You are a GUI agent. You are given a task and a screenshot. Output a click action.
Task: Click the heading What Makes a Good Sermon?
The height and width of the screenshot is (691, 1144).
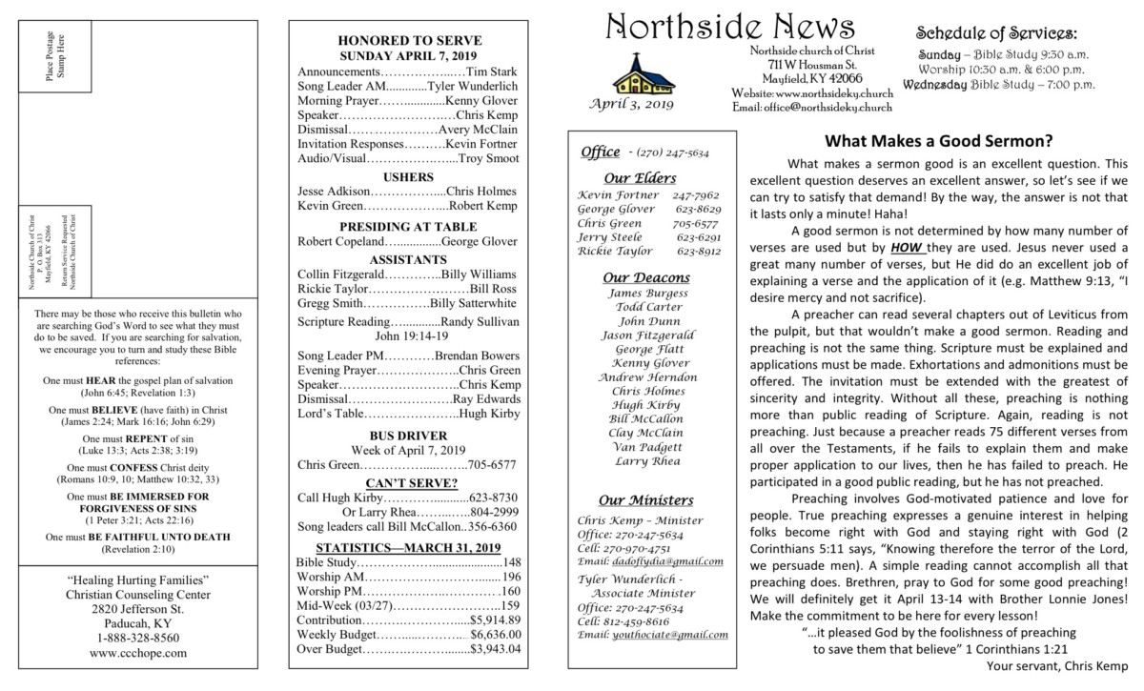pos(938,141)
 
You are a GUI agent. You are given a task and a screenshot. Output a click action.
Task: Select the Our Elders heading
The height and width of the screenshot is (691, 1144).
pos(641,177)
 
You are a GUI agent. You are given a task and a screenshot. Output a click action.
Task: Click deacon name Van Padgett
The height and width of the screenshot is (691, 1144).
pos(647,446)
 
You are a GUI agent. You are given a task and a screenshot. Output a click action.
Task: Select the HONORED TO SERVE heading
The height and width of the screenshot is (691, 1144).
pos(409,40)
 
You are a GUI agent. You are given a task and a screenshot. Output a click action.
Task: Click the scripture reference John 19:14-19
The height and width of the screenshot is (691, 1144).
pos(409,336)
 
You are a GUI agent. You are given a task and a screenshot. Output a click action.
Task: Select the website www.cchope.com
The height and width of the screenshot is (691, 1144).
pos(138,654)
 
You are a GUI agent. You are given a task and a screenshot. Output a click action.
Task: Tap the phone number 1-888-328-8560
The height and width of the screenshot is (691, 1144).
pos(138,638)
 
